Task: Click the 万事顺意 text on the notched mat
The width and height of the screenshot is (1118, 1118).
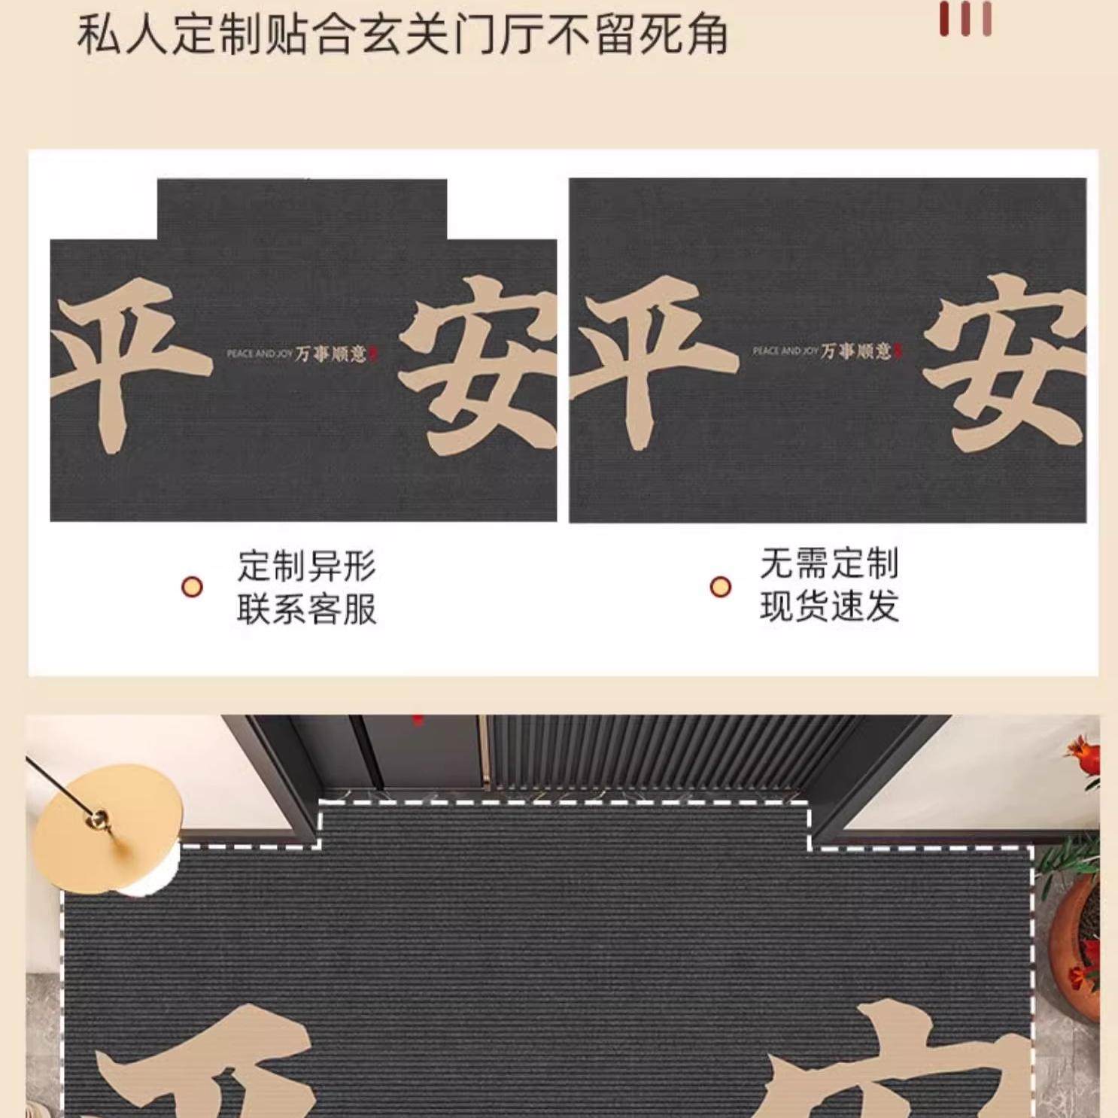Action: pyautogui.click(x=331, y=353)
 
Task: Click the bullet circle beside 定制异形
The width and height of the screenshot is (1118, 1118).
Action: pyautogui.click(x=193, y=587)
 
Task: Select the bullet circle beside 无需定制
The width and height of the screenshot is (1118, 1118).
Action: pyautogui.click(x=721, y=587)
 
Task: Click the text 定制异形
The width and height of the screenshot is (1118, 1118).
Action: pyautogui.click(x=306, y=566)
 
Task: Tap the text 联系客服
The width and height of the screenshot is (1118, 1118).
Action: pyautogui.click(x=306, y=609)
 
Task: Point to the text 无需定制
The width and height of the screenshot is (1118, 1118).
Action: pyautogui.click(x=829, y=564)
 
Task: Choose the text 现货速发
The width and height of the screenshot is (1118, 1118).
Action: pyautogui.click(x=829, y=606)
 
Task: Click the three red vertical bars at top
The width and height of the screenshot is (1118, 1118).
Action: pyautogui.click(x=965, y=19)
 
